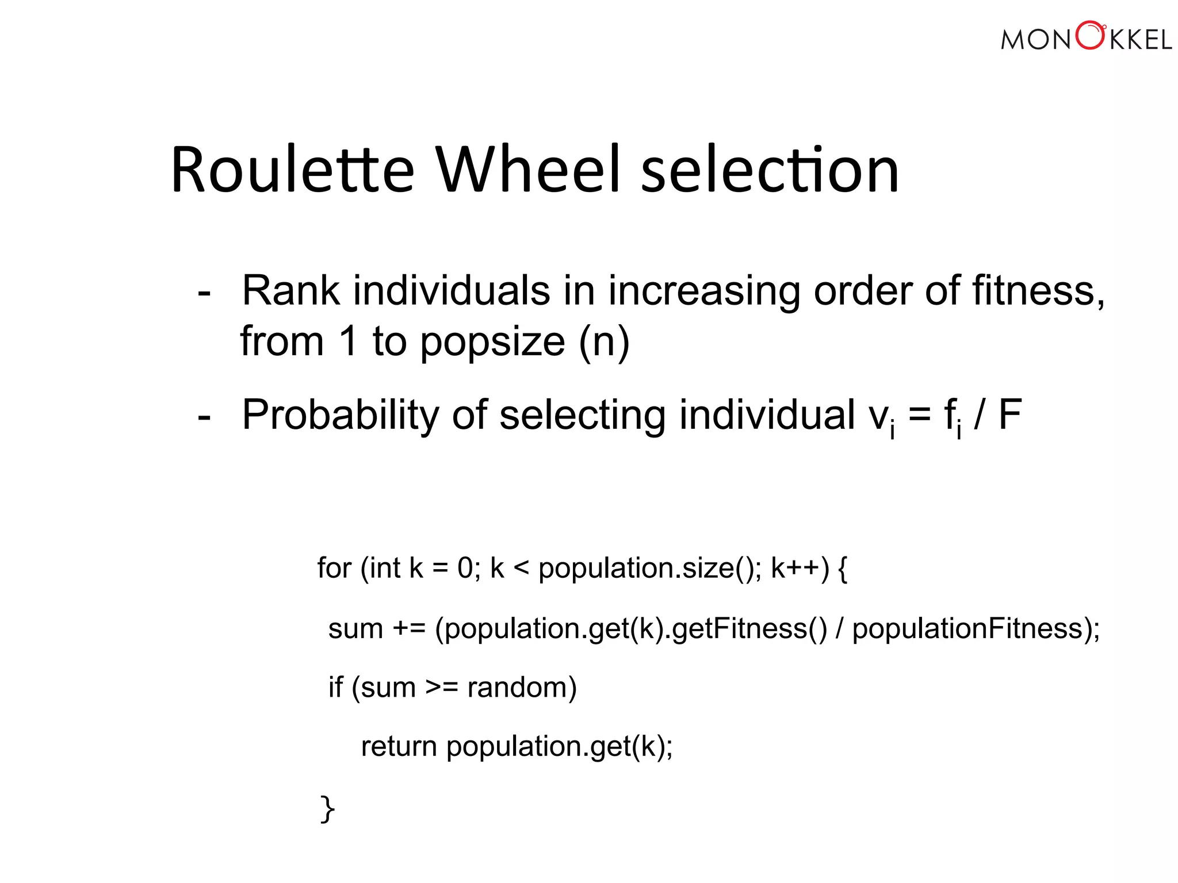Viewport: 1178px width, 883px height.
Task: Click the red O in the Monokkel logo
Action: coord(1090,36)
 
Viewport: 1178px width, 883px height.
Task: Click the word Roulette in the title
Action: coord(292,170)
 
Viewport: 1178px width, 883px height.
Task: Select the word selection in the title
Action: coord(770,170)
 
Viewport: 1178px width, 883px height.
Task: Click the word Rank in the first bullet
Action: coord(290,291)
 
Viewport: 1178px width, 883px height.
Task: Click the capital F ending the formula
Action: coord(1010,415)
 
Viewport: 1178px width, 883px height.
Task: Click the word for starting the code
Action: coord(334,568)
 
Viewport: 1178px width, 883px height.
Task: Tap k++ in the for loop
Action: coord(795,568)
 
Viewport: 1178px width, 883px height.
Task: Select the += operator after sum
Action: coord(408,628)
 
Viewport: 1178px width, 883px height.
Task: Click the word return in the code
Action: coord(399,747)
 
